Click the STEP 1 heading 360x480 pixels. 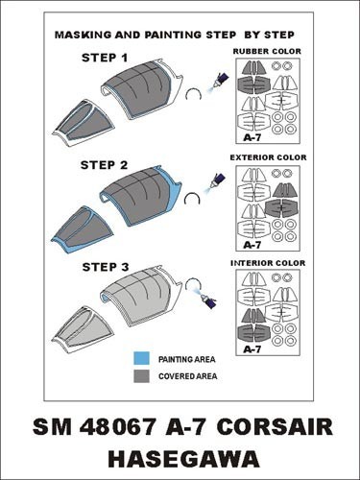[x=105, y=58]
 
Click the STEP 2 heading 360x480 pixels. [x=104, y=165]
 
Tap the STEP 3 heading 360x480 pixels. [x=106, y=267]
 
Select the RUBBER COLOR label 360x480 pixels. [x=267, y=51]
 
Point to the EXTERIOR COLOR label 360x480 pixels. [x=268, y=157]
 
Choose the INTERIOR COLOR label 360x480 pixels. [x=268, y=263]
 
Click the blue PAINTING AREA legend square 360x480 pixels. [x=141, y=358]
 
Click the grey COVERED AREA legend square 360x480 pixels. [x=141, y=376]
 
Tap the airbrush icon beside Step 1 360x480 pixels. [x=217, y=82]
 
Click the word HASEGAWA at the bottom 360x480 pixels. [x=183, y=459]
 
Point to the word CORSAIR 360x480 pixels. [x=275, y=427]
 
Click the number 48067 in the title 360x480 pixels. [x=118, y=427]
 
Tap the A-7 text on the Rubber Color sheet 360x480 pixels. [x=252, y=137]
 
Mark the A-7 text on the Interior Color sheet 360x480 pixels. [x=252, y=349]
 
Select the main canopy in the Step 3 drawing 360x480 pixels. [x=141, y=296]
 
